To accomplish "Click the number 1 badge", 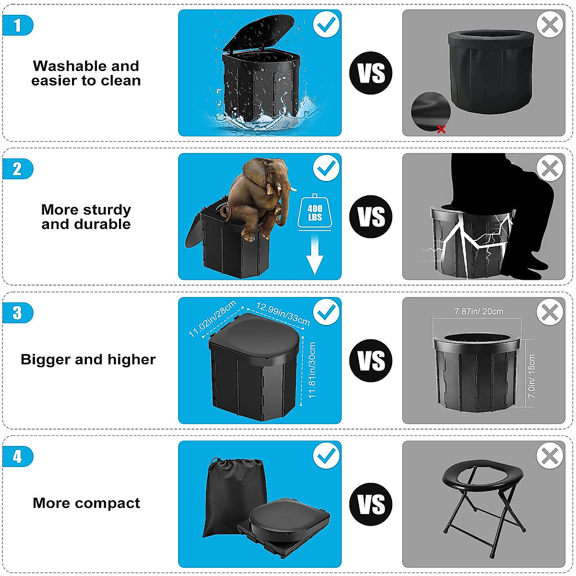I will coord(18,25).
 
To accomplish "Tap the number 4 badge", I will coord(18,456).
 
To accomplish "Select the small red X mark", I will coord(442,129).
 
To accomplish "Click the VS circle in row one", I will coord(371,73).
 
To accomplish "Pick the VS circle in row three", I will coord(371,360).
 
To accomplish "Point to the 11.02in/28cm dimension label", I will coord(212,318).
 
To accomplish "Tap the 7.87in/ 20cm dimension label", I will coord(479,312).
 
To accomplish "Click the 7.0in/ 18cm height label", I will coord(531,376).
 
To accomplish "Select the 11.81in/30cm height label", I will coord(312,370).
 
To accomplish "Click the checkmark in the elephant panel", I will coord(326,168).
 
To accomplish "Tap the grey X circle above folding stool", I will coord(550,456).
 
